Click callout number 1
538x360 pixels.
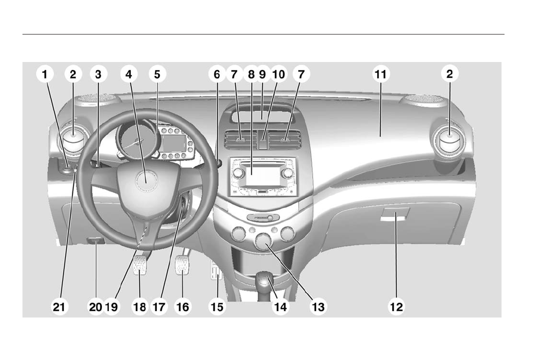tap(45, 74)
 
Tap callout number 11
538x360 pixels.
tap(380, 74)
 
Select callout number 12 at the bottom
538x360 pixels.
tap(396, 306)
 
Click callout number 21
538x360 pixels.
tap(59, 306)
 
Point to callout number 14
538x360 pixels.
tap(280, 306)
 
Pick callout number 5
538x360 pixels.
tap(157, 74)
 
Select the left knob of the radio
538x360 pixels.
tap(238, 173)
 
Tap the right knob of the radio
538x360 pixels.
tap(287, 173)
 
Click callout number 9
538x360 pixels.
tap(262, 74)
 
